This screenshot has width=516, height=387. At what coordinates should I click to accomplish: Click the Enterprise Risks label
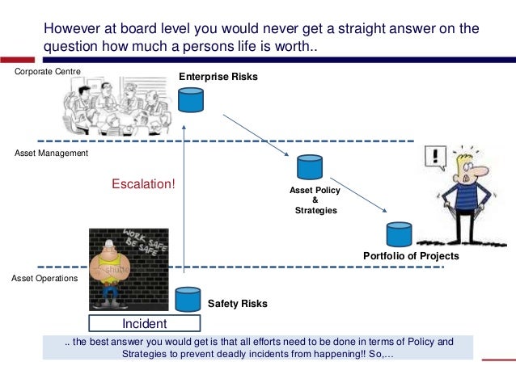tap(218, 77)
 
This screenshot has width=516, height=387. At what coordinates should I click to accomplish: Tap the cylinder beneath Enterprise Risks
tap(191, 99)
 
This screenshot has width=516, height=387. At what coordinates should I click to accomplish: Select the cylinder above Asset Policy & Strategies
tap(309, 167)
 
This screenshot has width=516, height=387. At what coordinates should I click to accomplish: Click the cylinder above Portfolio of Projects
tap(399, 234)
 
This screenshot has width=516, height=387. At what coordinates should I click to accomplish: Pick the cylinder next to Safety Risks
tap(188, 298)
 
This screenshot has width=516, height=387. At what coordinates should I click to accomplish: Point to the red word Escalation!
tap(143, 183)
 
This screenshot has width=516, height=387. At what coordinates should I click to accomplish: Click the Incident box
tap(144, 324)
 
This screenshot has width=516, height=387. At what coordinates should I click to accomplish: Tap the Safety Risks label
tap(237, 305)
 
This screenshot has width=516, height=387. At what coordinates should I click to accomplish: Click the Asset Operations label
tap(44, 278)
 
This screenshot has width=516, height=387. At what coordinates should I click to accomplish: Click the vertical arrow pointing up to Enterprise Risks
tap(184, 202)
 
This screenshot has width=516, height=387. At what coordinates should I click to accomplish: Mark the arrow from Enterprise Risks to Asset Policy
tap(256, 136)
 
